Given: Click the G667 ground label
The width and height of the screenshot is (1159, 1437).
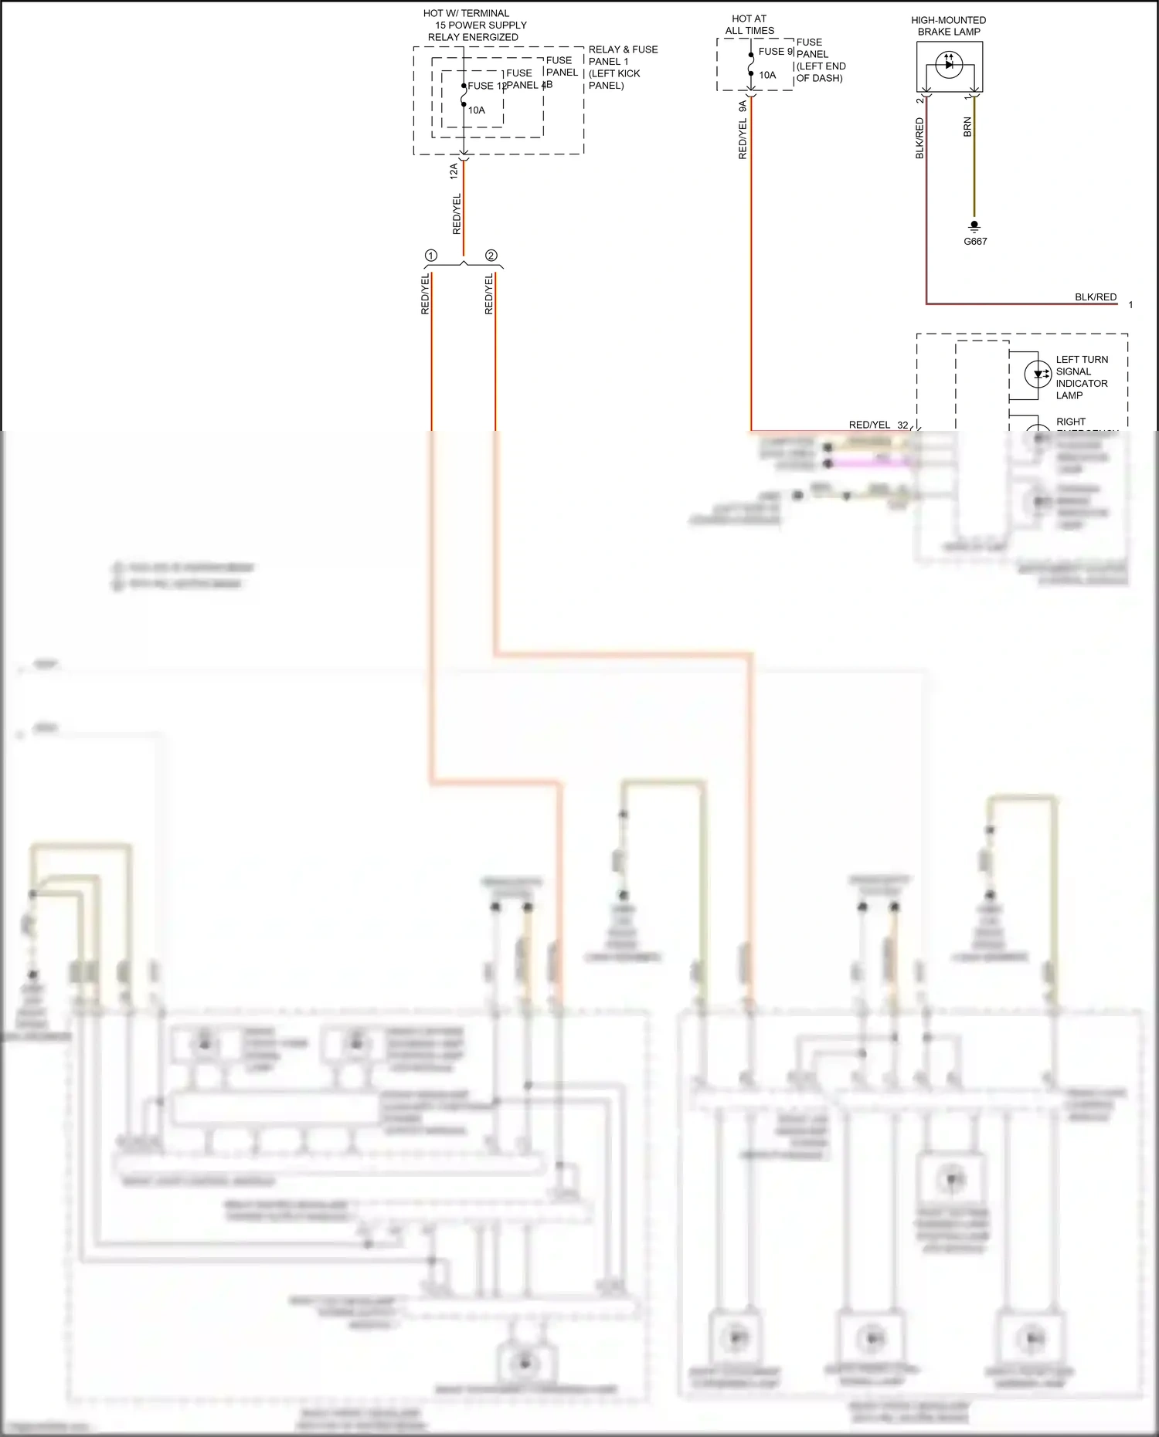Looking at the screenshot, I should coord(975,242).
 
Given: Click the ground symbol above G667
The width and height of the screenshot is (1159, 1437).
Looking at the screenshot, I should coord(974,225).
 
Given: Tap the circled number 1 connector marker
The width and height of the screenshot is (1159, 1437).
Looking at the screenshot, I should coord(431,256).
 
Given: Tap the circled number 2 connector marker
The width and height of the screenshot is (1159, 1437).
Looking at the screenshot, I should coord(491,256).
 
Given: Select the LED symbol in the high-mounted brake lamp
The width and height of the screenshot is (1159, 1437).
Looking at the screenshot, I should coord(949,65).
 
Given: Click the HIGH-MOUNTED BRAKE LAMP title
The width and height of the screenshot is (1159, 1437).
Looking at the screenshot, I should coord(948,26).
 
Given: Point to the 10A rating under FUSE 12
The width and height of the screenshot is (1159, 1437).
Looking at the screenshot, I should coord(477,110).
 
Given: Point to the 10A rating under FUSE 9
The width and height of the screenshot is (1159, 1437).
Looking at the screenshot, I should coord(767,76).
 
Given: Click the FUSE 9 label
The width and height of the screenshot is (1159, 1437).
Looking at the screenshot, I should coord(775,52).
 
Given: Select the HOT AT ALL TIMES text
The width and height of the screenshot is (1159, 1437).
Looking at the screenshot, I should coord(749,25).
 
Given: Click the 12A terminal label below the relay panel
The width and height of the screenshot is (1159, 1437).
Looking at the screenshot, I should coord(454,171).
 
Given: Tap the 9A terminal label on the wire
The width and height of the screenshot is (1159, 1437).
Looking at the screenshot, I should coord(743,107).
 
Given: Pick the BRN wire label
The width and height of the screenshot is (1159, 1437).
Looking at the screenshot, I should coord(967,127).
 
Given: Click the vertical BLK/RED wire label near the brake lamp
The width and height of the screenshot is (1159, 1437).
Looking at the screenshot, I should coord(919,138).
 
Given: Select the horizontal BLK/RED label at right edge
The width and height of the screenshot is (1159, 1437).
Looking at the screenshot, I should coord(1095,297).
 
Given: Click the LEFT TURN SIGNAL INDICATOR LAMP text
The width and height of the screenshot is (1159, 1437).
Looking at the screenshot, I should coord(1081,378).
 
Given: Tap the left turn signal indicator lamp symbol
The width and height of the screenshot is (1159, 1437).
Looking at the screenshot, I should coord(1037,375).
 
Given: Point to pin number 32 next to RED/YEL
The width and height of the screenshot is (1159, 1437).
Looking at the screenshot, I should coord(902,425).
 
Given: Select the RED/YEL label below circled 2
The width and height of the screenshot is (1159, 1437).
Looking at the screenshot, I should coord(488,294).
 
